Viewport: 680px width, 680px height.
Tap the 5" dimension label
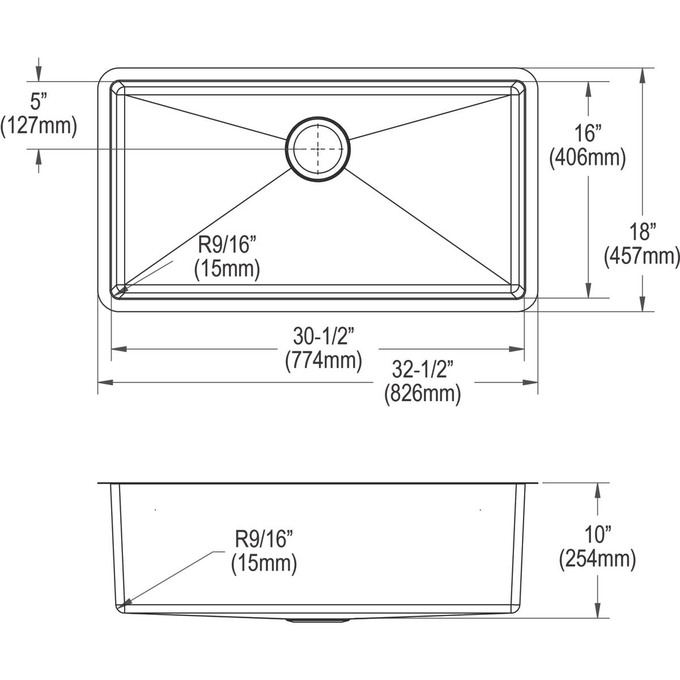click(x=37, y=103)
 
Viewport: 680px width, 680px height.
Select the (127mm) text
click(x=39, y=126)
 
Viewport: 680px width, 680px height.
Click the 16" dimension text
click(x=588, y=134)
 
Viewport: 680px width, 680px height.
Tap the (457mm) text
click(x=642, y=256)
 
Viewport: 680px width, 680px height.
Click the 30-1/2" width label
click(x=324, y=337)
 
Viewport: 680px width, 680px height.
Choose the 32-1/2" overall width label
click(x=422, y=371)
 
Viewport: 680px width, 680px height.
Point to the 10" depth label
click(x=597, y=535)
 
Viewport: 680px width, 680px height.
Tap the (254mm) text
click(x=597, y=559)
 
